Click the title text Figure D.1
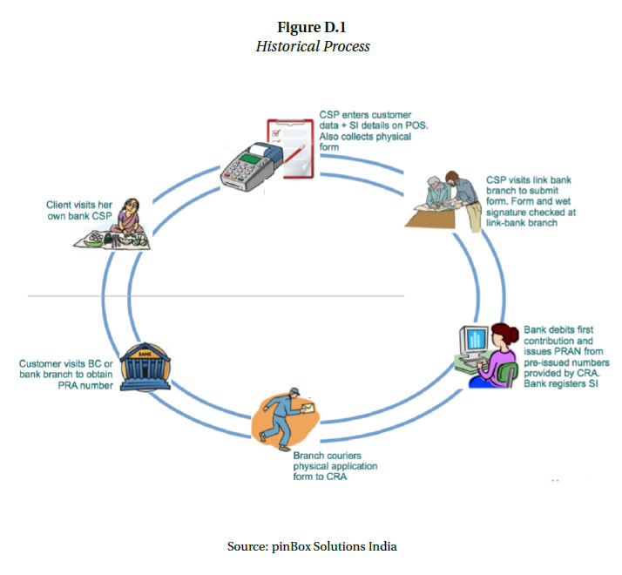point(312,27)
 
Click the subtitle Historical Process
point(312,46)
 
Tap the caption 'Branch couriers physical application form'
point(335,466)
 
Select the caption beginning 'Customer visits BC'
point(65,374)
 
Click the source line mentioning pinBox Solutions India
point(311,546)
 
